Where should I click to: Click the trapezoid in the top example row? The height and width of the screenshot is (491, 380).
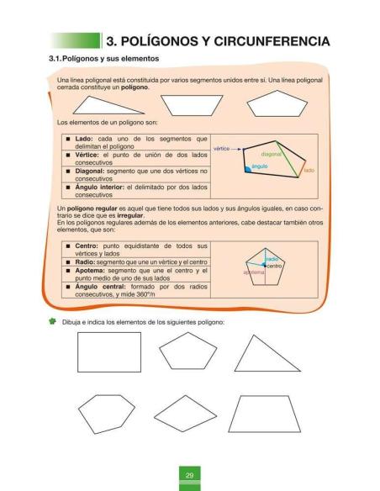point(190,104)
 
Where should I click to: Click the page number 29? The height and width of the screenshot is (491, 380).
point(190,477)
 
